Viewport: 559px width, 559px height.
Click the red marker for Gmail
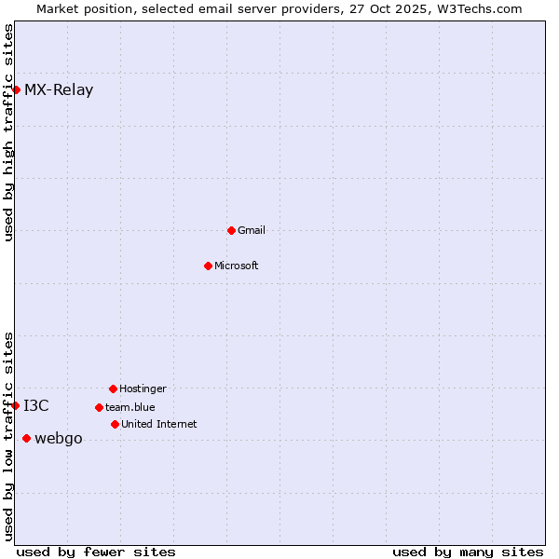tap(231, 230)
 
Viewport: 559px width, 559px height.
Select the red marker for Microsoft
tap(208, 266)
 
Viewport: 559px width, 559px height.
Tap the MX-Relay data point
tap(16, 89)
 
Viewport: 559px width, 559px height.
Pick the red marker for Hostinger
tap(113, 389)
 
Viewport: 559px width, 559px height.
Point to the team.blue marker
tap(99, 407)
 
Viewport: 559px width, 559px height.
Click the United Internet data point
tap(115, 424)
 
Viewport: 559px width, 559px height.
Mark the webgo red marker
tap(26, 438)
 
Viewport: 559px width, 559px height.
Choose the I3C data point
tap(16, 405)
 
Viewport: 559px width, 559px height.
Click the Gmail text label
tap(252, 230)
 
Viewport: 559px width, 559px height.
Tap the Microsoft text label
tap(237, 266)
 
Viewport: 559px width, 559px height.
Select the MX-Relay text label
tap(59, 90)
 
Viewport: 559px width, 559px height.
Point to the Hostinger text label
tap(143, 389)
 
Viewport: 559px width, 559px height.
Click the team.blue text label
tap(130, 407)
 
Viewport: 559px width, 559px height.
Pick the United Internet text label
tap(159, 424)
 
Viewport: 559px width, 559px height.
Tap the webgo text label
tap(59, 439)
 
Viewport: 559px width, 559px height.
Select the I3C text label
tap(36, 405)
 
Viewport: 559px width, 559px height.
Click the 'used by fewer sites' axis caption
tap(96, 552)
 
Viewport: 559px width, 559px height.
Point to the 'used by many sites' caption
tap(468, 552)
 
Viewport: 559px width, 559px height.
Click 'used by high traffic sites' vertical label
tap(9, 133)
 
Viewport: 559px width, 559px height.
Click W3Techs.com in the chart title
tap(479, 8)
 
